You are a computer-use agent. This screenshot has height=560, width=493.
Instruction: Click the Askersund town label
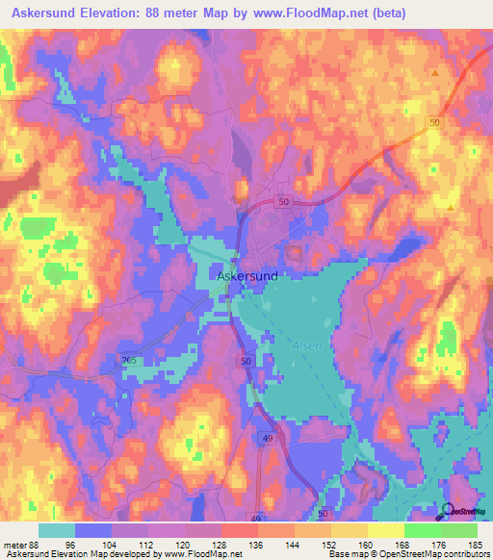(x=247, y=276)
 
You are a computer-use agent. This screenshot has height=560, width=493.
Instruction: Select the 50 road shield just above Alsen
(x=245, y=360)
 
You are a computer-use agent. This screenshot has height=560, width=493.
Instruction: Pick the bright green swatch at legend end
(x=458, y=529)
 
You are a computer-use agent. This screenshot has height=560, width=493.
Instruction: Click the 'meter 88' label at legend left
(x=21, y=545)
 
